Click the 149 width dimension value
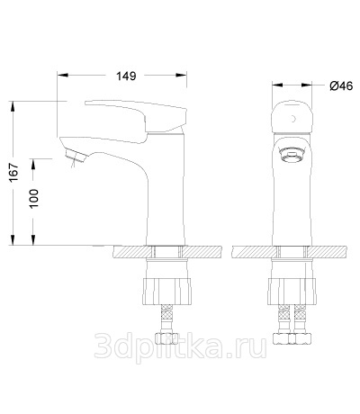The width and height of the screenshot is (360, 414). pos(126,76)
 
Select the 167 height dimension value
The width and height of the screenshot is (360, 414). pos(13,172)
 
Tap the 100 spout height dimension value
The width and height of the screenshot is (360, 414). pos(33,198)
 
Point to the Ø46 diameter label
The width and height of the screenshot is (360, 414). pos(341,86)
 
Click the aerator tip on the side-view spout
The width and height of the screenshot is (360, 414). pos(76,156)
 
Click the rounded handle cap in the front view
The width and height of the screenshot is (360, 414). pos(292,117)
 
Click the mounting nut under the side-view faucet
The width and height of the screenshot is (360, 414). pos(166,292)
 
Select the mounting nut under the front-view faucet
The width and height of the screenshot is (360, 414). pos(292,292)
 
